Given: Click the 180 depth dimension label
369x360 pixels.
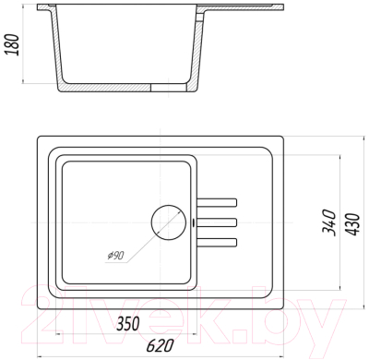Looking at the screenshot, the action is point(12,45).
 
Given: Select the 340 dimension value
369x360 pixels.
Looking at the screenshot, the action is point(328,222).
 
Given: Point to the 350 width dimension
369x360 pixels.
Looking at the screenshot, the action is point(128,323).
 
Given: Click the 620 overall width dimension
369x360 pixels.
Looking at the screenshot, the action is point(160,345).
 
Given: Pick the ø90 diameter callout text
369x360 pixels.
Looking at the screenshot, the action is point(115,256).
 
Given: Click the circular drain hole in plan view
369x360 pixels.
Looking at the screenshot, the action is point(169,222).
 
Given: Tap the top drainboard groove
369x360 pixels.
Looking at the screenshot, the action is point(217,203).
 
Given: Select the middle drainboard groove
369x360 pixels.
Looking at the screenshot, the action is point(217,222).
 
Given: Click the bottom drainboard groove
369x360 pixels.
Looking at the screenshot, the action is point(217,242).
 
